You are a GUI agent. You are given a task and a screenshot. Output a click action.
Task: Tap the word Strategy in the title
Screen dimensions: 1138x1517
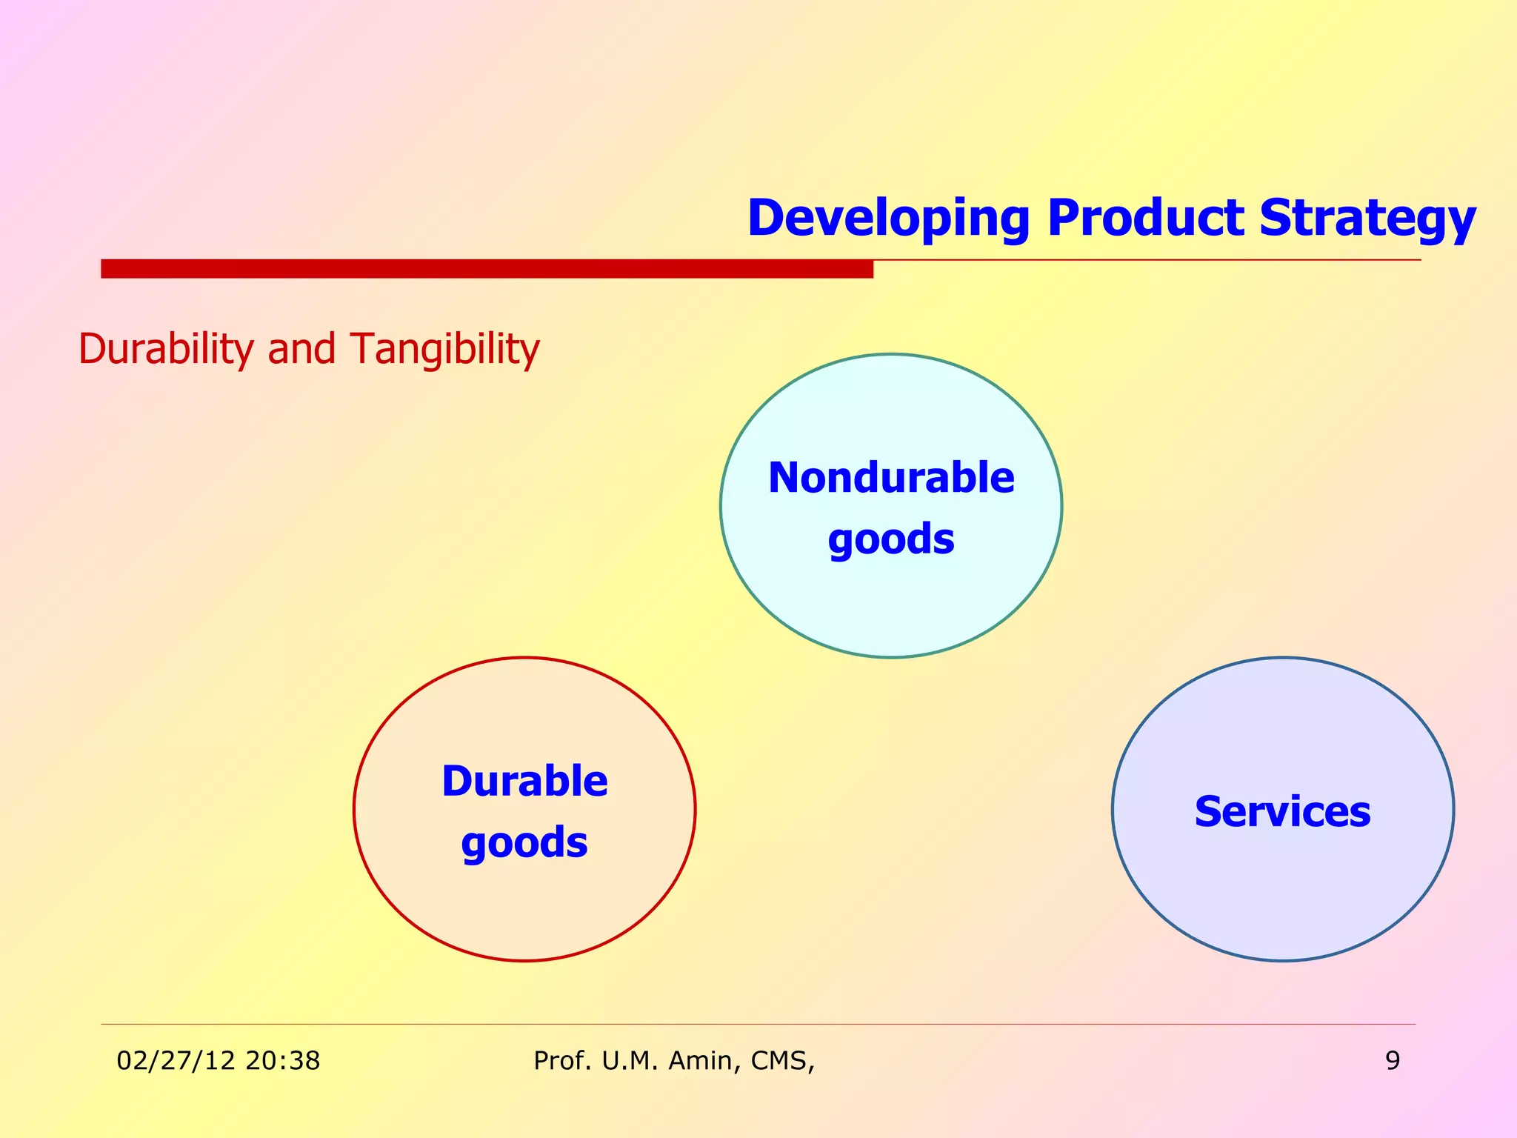[x=1367, y=219]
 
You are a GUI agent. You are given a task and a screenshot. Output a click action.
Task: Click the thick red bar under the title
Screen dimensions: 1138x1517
[x=487, y=268]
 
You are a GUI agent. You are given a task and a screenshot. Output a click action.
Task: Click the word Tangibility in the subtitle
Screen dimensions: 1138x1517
[x=444, y=349]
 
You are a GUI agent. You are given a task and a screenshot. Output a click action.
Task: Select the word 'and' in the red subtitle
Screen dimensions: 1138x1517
[x=301, y=349]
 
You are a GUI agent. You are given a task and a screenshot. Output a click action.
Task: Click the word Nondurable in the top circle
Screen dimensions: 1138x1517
[x=891, y=478]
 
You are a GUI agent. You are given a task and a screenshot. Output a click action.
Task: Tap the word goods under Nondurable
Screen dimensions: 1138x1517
[x=891, y=539]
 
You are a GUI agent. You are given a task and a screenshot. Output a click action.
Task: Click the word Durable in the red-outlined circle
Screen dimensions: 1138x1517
[x=524, y=782]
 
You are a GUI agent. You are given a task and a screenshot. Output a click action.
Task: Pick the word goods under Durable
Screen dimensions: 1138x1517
[x=524, y=843]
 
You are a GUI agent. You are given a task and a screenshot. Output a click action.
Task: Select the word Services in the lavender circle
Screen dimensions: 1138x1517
[x=1282, y=812]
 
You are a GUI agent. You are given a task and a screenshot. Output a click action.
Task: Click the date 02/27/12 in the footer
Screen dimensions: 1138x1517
[x=176, y=1061]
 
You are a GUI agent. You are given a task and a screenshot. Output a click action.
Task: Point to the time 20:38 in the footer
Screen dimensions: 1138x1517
[x=283, y=1061]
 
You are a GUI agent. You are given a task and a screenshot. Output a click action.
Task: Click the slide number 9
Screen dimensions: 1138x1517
[x=1393, y=1061]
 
